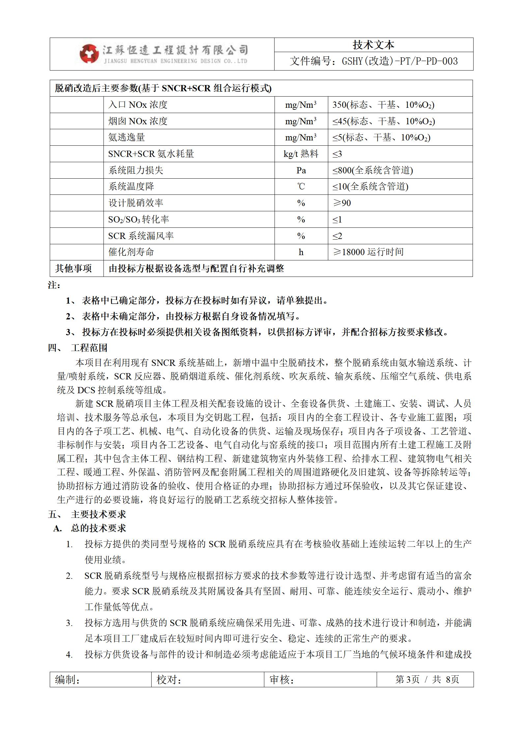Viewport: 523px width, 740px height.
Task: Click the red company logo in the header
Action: coord(89,54)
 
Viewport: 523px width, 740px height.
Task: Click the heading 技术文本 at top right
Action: coord(373,45)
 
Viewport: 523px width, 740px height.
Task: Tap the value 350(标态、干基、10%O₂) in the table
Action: coord(383,105)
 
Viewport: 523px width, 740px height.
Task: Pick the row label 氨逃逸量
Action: coord(127,137)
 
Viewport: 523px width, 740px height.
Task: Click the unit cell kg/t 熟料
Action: coord(301,154)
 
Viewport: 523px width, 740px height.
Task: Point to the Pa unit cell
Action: coord(301,170)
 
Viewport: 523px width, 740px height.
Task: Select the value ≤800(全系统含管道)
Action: coord(372,170)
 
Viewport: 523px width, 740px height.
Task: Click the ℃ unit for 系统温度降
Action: coord(301,187)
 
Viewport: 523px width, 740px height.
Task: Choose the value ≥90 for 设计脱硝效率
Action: coord(342,203)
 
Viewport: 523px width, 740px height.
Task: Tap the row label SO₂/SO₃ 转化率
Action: coord(138,220)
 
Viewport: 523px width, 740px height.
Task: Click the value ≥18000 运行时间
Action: coord(368,252)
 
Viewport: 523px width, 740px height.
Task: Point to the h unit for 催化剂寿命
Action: coord(301,252)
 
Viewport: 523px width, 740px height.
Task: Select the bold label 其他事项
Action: coord(73,269)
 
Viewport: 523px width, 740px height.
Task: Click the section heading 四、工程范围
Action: coord(78,348)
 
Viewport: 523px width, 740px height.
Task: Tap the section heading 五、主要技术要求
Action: coord(87,514)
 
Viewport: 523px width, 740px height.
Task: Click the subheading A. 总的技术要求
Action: coord(90,528)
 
